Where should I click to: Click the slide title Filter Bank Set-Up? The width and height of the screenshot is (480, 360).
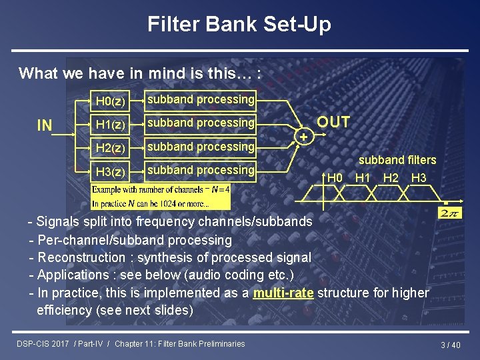239,25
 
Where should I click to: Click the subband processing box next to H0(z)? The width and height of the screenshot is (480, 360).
201,100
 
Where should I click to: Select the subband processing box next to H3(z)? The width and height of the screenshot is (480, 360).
201,170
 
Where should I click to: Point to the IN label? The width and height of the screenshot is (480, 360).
45,125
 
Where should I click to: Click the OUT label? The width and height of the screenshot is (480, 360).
333,122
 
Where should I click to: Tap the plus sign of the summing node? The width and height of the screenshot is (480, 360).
304,136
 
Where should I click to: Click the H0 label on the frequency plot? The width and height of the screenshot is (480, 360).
335,177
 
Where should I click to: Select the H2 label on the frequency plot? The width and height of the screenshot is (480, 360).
391,177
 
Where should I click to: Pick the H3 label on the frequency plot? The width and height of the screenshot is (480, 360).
419,177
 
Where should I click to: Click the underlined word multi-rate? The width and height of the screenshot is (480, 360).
283,293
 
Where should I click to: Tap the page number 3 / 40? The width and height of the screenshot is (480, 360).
451,345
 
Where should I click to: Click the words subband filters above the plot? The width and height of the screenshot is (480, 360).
397,160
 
